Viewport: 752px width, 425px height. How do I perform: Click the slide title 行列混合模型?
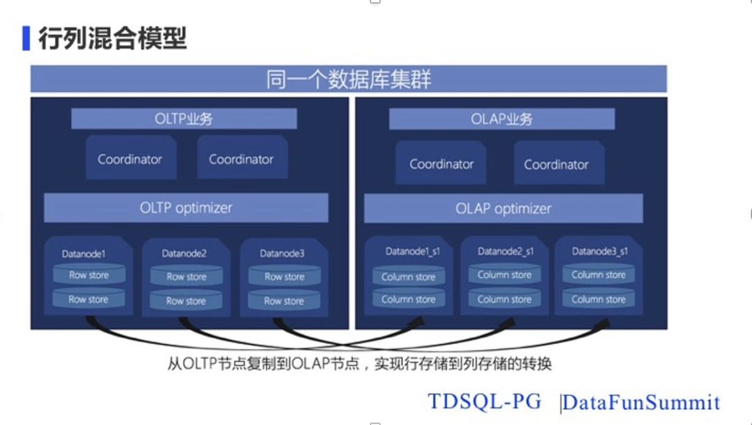click(x=112, y=38)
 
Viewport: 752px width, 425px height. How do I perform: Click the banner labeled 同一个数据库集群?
click(x=348, y=79)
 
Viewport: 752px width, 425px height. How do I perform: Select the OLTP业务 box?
click(x=184, y=118)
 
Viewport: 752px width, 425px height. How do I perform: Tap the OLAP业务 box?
click(x=501, y=119)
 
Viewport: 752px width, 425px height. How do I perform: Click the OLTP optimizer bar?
click(x=186, y=208)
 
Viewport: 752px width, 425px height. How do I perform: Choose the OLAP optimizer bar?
click(x=503, y=208)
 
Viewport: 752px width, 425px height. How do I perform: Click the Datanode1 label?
click(x=84, y=254)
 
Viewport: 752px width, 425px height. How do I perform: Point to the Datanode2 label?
click(x=184, y=254)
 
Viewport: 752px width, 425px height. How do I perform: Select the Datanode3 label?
click(x=282, y=254)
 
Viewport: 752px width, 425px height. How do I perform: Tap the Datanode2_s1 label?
click(x=506, y=252)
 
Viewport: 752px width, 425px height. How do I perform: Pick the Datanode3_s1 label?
click(x=600, y=252)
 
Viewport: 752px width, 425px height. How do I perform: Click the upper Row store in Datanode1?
click(x=88, y=275)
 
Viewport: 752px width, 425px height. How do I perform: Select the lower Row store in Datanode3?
click(x=284, y=301)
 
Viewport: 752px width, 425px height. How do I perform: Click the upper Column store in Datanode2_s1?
click(x=504, y=275)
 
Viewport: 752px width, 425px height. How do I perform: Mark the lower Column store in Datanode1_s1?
click(x=408, y=300)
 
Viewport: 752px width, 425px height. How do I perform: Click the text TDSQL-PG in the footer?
click(x=484, y=402)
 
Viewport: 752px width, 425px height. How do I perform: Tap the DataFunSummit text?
click(x=641, y=402)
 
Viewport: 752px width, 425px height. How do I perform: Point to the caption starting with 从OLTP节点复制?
click(x=360, y=364)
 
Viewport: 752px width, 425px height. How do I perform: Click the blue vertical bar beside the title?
click(x=26, y=38)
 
